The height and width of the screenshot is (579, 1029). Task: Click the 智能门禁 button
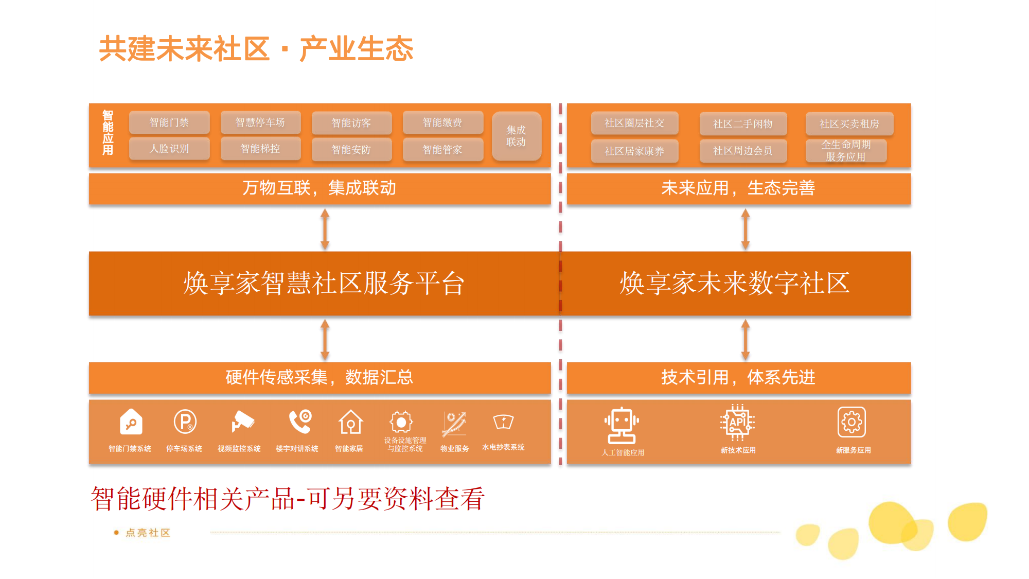[169, 122]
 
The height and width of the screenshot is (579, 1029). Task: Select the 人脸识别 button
[169, 149]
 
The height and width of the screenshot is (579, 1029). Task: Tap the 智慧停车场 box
[260, 122]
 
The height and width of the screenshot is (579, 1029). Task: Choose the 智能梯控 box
[260, 149]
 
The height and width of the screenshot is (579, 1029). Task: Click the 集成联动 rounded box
[516, 136]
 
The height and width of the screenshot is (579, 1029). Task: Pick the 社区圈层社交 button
[634, 123]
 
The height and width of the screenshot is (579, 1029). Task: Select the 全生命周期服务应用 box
[846, 151]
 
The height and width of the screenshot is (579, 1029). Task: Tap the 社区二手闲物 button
[743, 124]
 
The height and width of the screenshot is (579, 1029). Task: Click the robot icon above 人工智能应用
[622, 426]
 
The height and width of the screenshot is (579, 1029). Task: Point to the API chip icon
[737, 423]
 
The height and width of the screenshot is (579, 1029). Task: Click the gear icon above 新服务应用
[851, 422]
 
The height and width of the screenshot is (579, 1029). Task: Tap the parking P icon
[185, 422]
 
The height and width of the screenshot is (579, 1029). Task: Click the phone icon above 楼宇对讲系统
[300, 422]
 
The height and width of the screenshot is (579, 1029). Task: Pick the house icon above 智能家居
[350, 422]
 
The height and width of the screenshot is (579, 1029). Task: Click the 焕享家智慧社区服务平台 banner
[324, 284]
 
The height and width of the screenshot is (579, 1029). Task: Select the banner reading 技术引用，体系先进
[739, 378]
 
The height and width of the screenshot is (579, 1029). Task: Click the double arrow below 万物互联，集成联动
[325, 229]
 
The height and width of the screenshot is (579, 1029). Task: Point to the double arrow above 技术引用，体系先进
[745, 340]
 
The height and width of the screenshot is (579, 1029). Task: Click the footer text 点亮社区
[148, 533]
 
